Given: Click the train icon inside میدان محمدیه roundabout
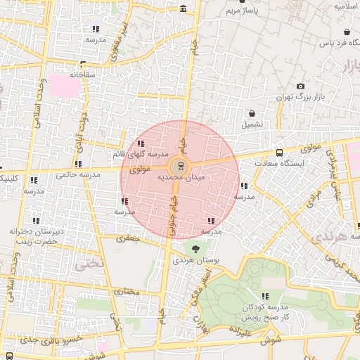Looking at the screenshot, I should [x=181, y=167].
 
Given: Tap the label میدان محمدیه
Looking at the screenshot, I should [x=181, y=179].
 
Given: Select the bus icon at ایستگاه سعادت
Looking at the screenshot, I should [x=280, y=152].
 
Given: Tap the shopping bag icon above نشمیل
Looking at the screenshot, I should [x=252, y=112].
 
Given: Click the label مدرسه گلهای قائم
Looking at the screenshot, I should [x=141, y=153].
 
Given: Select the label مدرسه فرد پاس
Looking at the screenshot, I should [x=335, y=44].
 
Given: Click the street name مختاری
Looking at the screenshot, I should [x=128, y=290].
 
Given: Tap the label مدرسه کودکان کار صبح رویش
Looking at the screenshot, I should [x=265, y=313].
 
